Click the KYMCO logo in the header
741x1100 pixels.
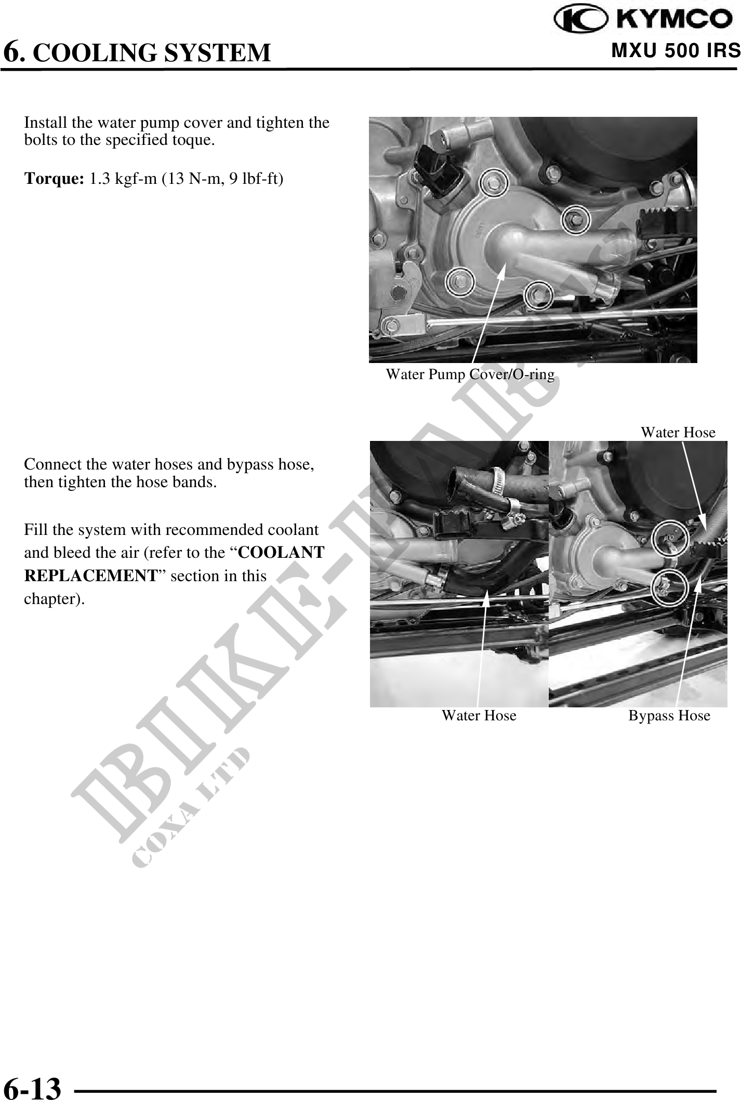645,20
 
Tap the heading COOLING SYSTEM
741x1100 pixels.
155,52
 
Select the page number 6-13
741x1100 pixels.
32,1074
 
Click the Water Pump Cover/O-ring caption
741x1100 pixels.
470,374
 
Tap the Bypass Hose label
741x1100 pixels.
669,716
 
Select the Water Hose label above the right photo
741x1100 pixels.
678,432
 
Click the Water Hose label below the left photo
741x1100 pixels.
479,716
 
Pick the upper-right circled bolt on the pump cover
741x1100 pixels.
577,219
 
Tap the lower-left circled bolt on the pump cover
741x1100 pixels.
459,282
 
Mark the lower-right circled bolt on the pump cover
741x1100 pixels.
538,295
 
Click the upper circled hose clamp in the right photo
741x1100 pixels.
670,540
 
